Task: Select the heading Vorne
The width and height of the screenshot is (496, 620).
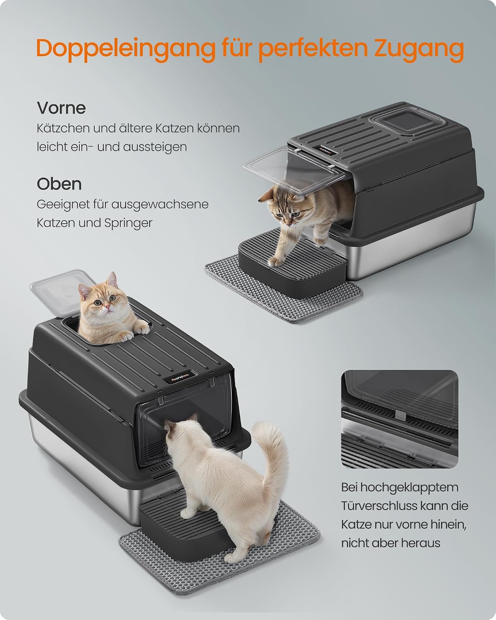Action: click(x=62, y=108)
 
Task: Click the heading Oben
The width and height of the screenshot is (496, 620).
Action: click(x=59, y=184)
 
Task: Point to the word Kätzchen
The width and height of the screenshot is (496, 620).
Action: click(x=63, y=129)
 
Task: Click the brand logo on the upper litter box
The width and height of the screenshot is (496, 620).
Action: click(x=326, y=151)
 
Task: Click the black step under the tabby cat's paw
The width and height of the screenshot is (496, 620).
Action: click(x=293, y=264)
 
